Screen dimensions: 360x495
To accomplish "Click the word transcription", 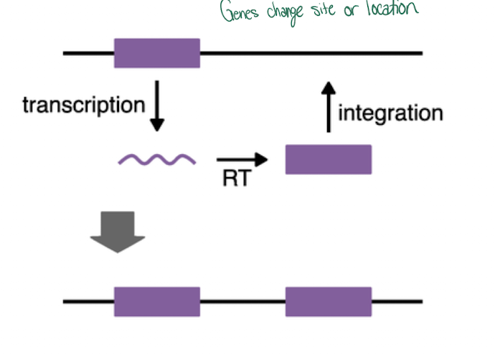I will tap(83, 105).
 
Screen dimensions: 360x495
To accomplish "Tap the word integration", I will tap(390, 113).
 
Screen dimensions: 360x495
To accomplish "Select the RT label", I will tap(236, 178).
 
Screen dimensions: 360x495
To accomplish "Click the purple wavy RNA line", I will tap(157, 159).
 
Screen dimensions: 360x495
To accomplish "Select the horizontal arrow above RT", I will tap(242, 159).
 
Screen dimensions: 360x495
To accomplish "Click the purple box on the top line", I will tap(157, 53).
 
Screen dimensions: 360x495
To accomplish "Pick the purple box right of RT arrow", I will tap(329, 159).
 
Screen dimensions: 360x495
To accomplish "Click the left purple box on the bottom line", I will tap(157, 302).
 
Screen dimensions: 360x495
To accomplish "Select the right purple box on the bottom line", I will tap(329, 302).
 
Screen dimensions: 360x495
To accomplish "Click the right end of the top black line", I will tap(420, 53).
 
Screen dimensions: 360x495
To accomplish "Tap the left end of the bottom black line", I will tap(65, 302).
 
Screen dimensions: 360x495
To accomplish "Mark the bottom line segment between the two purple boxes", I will tap(242, 302).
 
